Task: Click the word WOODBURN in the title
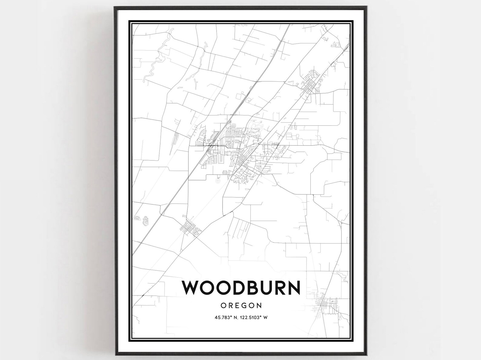(241, 288)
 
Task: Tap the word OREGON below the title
(241, 305)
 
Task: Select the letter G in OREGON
(244, 305)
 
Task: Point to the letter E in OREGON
(237, 305)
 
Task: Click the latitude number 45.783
(223, 318)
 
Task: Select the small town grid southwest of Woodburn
(190, 226)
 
